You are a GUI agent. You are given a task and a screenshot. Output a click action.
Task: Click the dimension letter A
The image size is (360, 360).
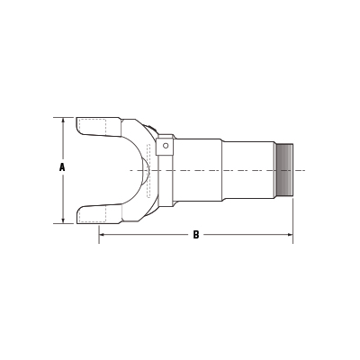pyautogui.click(x=61, y=167)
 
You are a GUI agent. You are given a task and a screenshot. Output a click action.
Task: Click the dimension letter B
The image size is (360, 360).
pyautogui.click(x=195, y=236)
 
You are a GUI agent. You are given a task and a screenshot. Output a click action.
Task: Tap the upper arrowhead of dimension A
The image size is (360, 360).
pyautogui.click(x=61, y=120)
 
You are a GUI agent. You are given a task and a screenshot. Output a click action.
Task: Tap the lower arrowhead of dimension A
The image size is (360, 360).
pyautogui.click(x=61, y=219)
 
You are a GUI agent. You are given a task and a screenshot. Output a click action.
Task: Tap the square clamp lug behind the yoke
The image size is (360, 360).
pyautogui.click(x=165, y=148)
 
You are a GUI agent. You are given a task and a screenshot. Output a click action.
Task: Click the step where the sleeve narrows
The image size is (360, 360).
pyautogui.click(x=221, y=169)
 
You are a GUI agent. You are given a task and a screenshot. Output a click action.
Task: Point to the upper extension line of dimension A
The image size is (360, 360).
pyautogui.click(x=67, y=116)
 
